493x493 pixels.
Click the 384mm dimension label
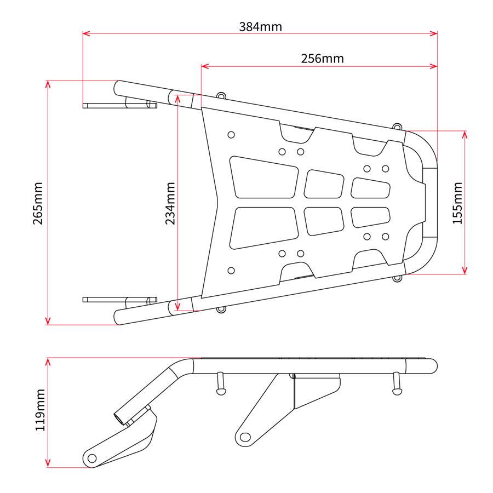point(260,27)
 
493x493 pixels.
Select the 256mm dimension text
point(322,59)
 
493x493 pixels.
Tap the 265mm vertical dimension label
point(38,203)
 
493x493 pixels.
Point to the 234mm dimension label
point(170,203)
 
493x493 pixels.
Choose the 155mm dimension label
point(457,203)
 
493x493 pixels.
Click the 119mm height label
point(41,410)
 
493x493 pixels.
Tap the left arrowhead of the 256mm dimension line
point(205,66)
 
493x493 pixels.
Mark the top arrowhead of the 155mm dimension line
point(465,135)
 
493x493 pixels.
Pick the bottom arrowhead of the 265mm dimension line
point(48,320)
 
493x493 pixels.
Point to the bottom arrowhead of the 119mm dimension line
point(48,463)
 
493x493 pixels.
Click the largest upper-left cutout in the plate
point(264,177)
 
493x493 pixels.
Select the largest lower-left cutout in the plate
point(264,228)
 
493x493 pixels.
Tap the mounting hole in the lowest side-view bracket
point(92,458)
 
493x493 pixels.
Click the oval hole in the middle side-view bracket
point(245,437)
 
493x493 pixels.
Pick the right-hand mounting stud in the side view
point(397,383)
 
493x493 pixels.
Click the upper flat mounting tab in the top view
point(120,105)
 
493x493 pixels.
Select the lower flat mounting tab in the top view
point(120,300)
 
